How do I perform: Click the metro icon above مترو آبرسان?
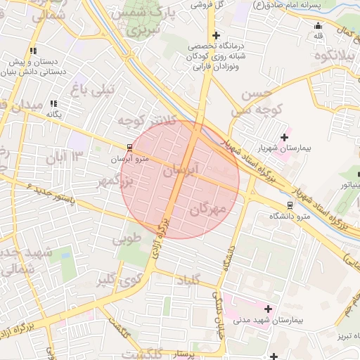tap(129, 148)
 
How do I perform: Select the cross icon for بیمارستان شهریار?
tap(284, 137)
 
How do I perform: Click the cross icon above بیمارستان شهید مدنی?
tap(267, 308)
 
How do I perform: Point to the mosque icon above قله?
tap(318, 27)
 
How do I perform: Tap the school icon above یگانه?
tap(53, 103)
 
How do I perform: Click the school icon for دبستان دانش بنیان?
tap(33, 51)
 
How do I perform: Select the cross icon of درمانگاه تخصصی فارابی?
tap(216, 35)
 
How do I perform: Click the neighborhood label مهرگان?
tap(208, 208)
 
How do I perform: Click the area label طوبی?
tap(127, 239)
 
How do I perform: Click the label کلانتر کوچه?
tap(144, 122)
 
